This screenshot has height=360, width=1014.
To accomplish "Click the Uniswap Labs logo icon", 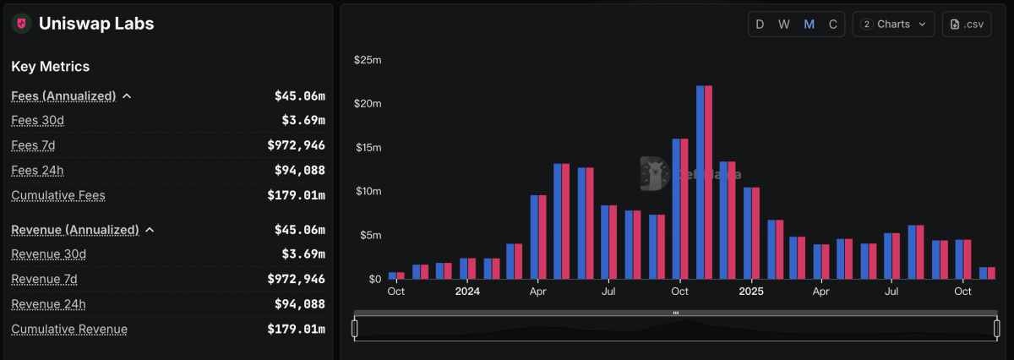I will [x=21, y=24].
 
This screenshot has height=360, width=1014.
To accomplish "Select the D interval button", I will [x=760, y=25].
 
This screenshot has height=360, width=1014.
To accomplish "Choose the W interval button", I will [x=784, y=25].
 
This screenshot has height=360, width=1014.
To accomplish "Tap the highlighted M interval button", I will [x=809, y=25].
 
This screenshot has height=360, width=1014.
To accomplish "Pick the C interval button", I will [x=833, y=25].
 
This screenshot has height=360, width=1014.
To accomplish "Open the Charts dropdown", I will [x=893, y=25].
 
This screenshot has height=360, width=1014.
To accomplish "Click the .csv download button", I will [x=967, y=25].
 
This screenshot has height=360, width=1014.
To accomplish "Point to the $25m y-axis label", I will [x=368, y=60].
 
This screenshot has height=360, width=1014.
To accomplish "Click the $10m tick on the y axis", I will [x=368, y=191].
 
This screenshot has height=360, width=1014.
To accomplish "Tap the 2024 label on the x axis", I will [x=467, y=292].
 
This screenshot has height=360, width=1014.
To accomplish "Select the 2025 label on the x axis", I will [x=751, y=292].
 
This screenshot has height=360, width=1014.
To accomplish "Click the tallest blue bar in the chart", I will [x=701, y=182].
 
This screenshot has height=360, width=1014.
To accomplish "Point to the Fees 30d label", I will [x=37, y=121].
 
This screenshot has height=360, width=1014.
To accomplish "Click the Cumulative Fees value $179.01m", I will [x=296, y=195].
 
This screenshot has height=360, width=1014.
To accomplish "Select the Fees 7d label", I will [x=33, y=145].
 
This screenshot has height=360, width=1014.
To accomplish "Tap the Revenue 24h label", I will [x=48, y=304].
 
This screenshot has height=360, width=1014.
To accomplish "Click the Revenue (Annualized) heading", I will [x=74, y=230].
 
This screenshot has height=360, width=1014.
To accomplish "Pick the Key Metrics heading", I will [x=51, y=66].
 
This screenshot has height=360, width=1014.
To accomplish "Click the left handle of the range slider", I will [x=355, y=328].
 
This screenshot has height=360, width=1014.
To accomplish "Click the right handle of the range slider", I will [x=997, y=328].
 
